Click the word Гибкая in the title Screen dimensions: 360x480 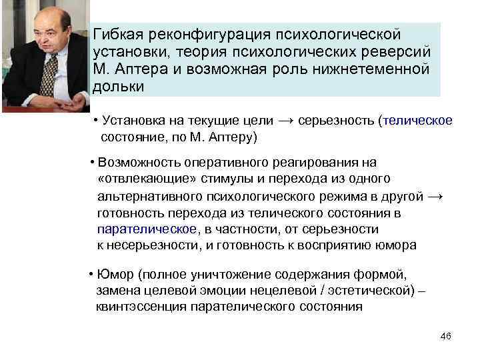click(x=118, y=33)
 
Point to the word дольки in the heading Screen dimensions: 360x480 click(x=115, y=87)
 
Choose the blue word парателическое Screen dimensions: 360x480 click(x=147, y=229)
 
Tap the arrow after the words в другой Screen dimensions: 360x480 click(x=435, y=197)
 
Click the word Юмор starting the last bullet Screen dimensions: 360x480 click(x=114, y=275)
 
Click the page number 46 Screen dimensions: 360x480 click(x=446, y=336)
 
